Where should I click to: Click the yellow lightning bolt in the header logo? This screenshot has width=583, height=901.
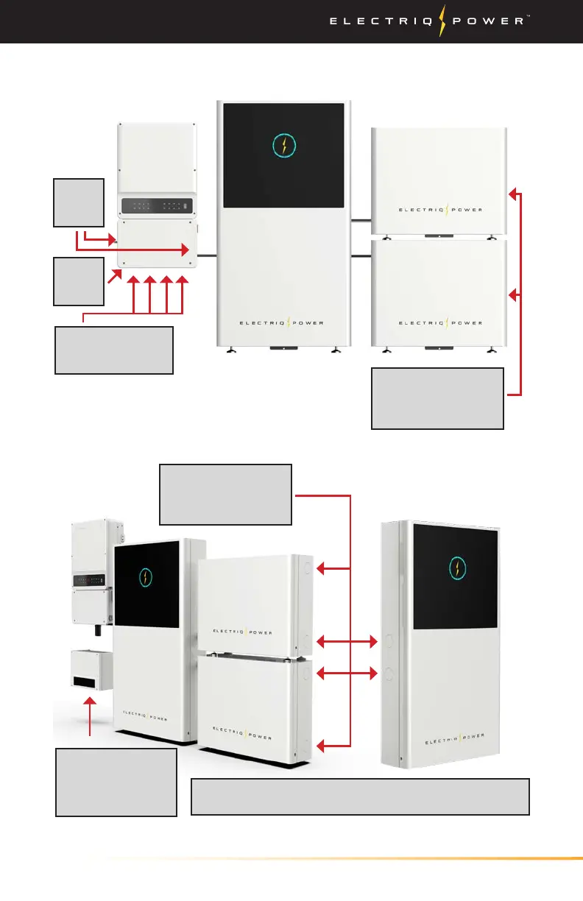[x=442, y=21]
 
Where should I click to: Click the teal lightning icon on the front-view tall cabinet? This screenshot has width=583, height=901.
[x=283, y=144]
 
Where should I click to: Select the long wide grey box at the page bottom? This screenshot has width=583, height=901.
[x=360, y=796]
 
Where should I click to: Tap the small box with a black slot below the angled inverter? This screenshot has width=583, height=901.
[x=91, y=669]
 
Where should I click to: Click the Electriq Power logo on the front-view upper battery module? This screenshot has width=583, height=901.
[x=440, y=210]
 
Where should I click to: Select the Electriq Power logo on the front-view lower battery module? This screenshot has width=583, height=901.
[x=440, y=322]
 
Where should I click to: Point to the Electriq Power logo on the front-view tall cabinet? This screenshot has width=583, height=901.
[x=283, y=322]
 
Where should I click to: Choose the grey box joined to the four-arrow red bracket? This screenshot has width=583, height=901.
[x=226, y=494]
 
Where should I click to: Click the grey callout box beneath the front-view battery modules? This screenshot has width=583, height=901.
[x=437, y=398]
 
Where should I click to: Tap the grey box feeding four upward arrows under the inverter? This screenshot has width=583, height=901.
[x=114, y=350]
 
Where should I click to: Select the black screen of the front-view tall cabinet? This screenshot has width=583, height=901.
[x=283, y=155]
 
